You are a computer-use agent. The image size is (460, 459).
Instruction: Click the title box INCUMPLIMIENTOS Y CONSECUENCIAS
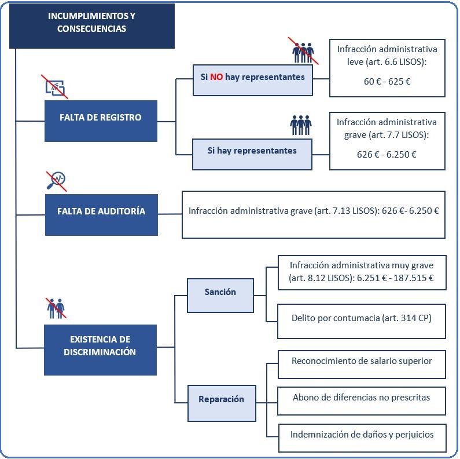[92, 26]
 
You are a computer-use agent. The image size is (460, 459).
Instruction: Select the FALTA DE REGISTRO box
[101, 121]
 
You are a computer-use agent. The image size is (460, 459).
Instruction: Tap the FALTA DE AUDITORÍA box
[101, 215]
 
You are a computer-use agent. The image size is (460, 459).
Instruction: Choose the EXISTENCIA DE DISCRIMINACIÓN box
[100, 350]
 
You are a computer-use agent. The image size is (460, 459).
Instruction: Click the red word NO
[216, 77]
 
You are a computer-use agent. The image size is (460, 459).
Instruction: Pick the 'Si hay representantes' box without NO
[252, 154]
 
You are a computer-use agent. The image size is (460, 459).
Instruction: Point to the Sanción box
[220, 296]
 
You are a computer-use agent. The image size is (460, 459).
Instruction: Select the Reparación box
[222, 403]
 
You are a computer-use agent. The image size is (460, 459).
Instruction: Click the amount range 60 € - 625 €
[387, 81]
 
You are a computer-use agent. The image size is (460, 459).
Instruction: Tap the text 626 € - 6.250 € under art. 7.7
[387, 155]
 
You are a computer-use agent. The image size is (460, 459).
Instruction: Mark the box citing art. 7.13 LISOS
[314, 215]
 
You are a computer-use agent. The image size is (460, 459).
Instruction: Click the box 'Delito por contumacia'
[362, 321]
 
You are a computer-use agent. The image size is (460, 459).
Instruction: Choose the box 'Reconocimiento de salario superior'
[362, 365]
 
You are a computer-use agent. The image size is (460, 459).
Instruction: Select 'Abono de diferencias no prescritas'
[362, 401]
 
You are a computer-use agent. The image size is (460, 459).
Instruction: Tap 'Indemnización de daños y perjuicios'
[362, 438]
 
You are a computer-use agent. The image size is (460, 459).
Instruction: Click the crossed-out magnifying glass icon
[56, 181]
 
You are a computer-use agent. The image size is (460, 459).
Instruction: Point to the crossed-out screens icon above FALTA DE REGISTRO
[55, 87]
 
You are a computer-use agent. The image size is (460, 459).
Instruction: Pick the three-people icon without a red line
[301, 125]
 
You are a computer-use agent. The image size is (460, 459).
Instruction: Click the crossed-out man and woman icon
[56, 308]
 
